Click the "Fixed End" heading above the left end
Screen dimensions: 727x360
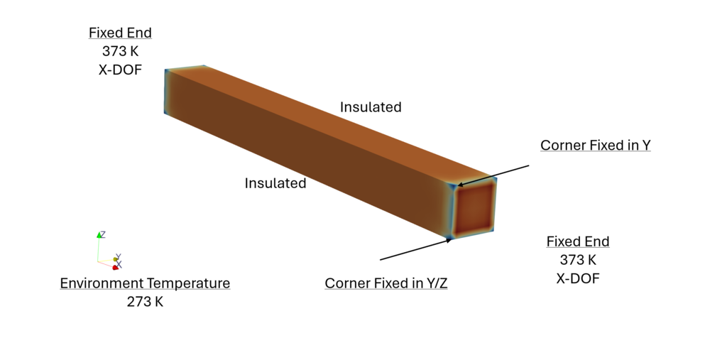point(120,33)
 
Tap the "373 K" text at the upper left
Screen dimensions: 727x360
point(120,51)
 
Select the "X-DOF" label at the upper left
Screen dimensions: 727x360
point(120,70)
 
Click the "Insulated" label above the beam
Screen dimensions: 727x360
point(371,107)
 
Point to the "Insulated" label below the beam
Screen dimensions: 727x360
point(275,183)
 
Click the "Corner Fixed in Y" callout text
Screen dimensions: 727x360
point(596,145)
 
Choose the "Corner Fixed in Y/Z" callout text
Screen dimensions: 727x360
point(386,283)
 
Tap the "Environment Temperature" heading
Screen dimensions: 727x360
point(145,283)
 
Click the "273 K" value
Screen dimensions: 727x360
point(145,302)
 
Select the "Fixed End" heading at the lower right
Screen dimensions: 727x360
point(578,241)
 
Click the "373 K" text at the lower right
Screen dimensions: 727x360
point(578,260)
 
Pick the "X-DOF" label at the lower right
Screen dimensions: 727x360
point(578,278)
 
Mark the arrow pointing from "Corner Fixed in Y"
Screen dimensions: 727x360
point(493,175)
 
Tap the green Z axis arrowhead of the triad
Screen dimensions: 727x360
point(99,235)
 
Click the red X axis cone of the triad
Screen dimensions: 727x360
point(116,267)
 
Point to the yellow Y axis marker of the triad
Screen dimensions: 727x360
point(116,259)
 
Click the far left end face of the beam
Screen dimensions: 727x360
point(166,92)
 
